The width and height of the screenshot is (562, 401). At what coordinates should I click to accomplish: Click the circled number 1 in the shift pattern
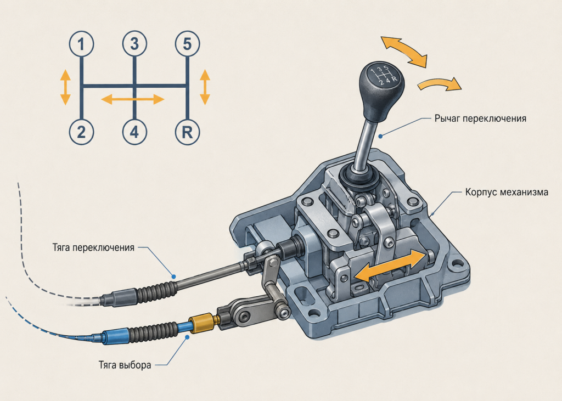pos(81,44)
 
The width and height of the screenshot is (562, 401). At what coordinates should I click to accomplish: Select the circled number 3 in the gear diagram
pos(134,44)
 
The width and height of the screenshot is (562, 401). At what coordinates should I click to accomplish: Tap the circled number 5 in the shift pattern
pos(187,44)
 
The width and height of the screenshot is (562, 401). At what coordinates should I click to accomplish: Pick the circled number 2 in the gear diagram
pos(81,132)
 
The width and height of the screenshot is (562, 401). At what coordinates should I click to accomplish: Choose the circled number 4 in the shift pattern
pos(134,132)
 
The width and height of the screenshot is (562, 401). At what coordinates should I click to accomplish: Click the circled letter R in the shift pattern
pos(187,132)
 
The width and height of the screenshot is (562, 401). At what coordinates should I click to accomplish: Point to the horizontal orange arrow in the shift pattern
pos(133,99)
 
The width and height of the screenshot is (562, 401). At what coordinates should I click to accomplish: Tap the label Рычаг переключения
pos(480,118)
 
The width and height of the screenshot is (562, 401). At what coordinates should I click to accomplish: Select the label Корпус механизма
pos(507,192)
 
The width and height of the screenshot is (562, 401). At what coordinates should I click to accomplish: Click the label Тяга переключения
pos(93,247)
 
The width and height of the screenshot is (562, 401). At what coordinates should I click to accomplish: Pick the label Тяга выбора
pos(125,365)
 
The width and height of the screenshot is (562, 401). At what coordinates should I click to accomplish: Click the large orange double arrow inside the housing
pos(390,265)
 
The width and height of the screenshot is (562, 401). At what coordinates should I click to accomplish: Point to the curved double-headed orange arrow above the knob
pos(404,51)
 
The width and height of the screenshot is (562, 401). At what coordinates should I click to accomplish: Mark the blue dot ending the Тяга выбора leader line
pos(187,337)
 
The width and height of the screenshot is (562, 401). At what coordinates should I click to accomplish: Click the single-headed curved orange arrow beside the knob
pos(439,84)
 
